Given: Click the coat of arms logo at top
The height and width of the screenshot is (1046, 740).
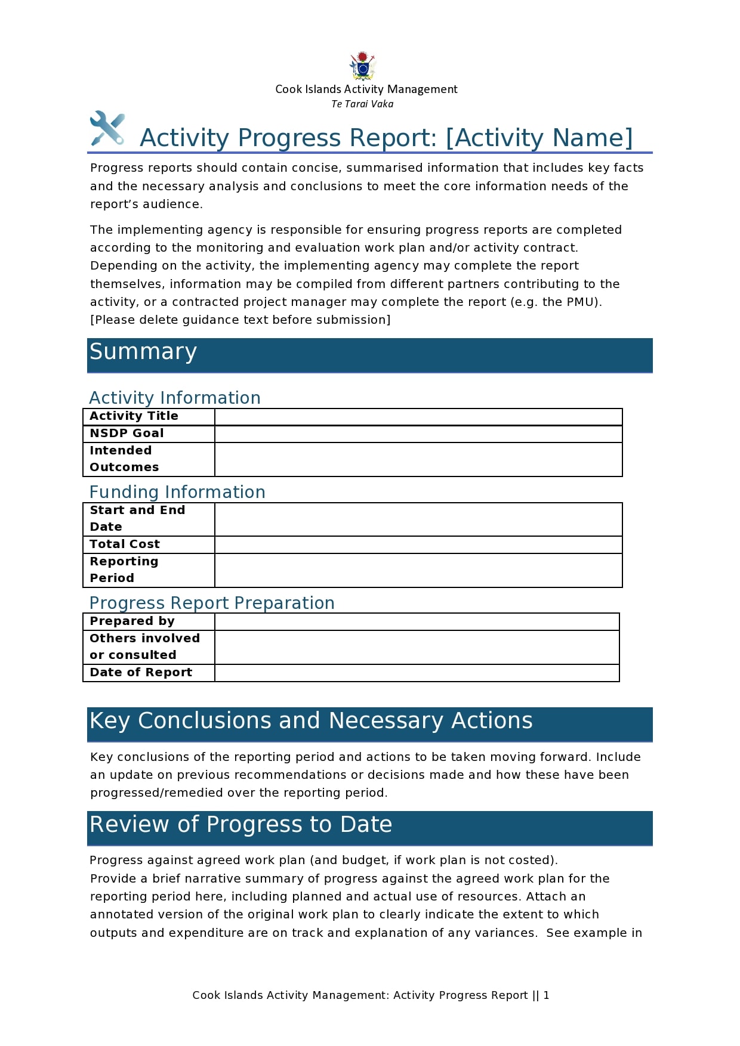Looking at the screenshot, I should [362, 66].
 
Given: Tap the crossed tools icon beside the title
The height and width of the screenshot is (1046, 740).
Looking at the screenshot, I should [107, 128].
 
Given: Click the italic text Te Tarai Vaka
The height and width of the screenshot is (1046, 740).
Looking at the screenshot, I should [362, 104].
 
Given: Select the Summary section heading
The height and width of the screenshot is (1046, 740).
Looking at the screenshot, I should [143, 352].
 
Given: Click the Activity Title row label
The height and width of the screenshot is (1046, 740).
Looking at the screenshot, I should [134, 416].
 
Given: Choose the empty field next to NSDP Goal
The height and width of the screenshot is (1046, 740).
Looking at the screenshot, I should [418, 434].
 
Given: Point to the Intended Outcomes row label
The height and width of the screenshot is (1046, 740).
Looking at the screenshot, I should [124, 459].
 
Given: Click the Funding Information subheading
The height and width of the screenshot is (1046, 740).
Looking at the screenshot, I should [177, 492].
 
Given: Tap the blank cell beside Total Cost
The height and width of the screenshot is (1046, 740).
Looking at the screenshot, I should [418, 544].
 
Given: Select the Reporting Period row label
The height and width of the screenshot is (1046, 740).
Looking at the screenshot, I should [124, 570].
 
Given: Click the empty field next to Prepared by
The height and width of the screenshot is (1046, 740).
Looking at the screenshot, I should [417, 621].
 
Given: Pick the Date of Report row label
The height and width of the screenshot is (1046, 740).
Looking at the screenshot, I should [141, 673].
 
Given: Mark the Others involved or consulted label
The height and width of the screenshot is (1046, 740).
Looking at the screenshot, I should [144, 646].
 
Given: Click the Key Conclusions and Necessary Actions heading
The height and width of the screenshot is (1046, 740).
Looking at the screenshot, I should [311, 721].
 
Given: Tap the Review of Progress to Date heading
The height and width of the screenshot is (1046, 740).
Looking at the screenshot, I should [241, 825].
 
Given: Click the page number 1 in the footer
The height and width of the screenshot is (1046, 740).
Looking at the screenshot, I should [546, 995].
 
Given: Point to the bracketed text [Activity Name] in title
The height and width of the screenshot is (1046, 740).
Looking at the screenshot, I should [539, 138].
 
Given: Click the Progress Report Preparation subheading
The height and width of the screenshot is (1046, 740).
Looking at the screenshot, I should [212, 603].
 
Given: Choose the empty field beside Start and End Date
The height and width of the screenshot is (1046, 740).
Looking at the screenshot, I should [418, 519].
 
